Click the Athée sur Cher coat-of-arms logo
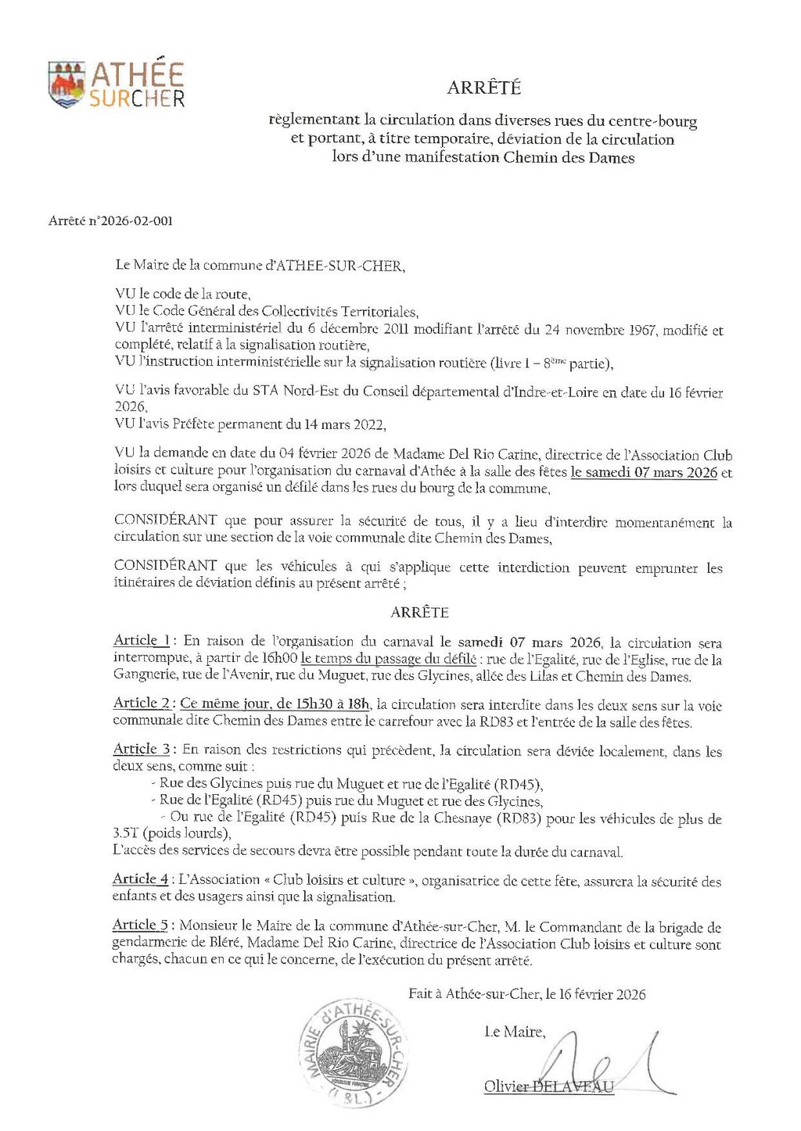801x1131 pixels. (x=66, y=84)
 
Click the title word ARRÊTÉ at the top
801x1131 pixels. (x=483, y=88)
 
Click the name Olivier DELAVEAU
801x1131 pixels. (x=548, y=1086)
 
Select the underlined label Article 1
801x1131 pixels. (x=142, y=641)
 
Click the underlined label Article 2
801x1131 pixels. (x=142, y=703)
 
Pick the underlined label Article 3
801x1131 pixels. (x=142, y=749)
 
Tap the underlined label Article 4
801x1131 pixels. (x=141, y=879)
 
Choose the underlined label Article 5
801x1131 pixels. (x=141, y=925)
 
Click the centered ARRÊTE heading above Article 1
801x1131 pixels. (x=419, y=612)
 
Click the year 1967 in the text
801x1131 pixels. (x=642, y=330)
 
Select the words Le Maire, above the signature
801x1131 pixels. (x=515, y=1032)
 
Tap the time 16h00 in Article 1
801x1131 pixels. (x=281, y=658)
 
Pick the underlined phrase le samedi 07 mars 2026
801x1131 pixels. (x=644, y=472)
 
